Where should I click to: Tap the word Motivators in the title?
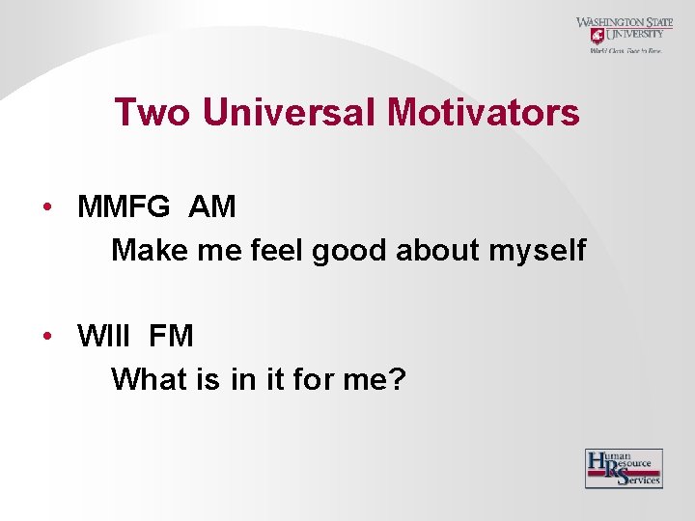pyautogui.click(x=484, y=113)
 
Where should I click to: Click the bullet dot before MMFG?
pyautogui.click(x=45, y=207)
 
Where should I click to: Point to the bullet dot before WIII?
pyautogui.click(x=45, y=337)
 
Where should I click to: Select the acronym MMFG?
pyautogui.click(x=124, y=207)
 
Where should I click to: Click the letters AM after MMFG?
pyautogui.click(x=212, y=207)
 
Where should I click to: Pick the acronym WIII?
pyautogui.click(x=108, y=337)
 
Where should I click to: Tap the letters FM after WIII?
pyautogui.click(x=172, y=337)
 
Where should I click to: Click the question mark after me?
pyautogui.click(x=397, y=379)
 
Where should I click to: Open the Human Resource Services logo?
pyautogui.click(x=624, y=468)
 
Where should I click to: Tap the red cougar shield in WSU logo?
pyautogui.click(x=597, y=36)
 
